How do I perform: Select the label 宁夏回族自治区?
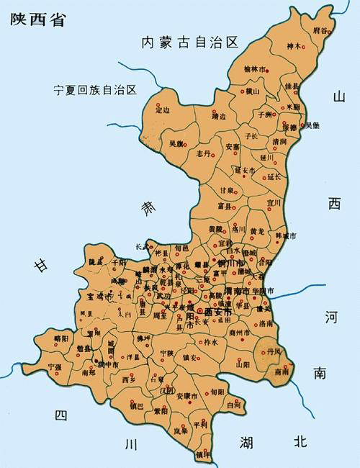point(95,90)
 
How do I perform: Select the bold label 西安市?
point(218,312)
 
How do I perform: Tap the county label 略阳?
point(60,338)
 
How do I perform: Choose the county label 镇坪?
point(204,455)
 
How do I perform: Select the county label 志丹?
point(202,153)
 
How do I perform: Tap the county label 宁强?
point(55,366)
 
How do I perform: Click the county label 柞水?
point(210,343)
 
